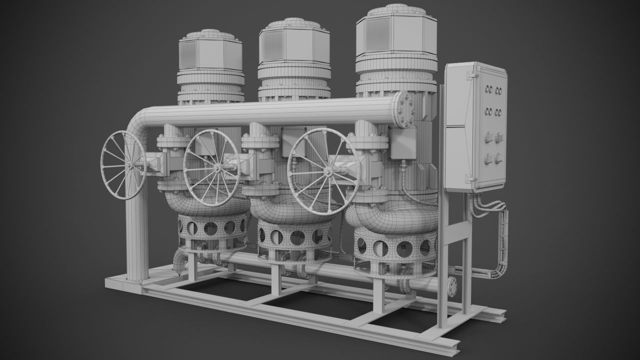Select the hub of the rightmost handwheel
tap(327, 171)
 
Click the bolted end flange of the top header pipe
tap(404, 110)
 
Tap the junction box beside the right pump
tap(402, 142)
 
